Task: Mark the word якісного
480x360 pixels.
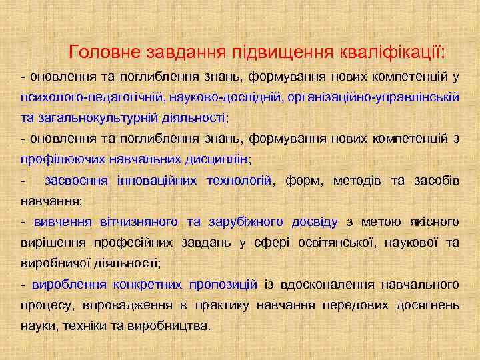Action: (433, 221)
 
